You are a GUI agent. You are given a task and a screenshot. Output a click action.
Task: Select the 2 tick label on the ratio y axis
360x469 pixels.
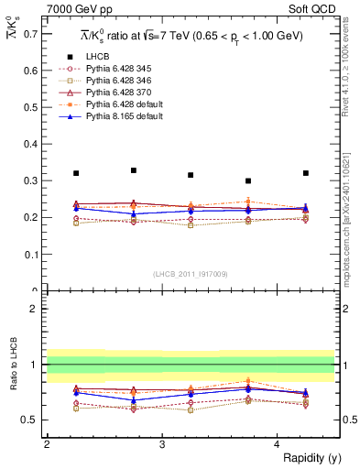click(34, 310)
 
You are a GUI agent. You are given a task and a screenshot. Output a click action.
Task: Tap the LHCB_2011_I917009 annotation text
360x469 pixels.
click(190, 274)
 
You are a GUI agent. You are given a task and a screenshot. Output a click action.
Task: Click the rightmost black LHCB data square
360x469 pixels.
click(306, 173)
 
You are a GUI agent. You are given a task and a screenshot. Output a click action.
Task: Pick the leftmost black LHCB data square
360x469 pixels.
click(76, 173)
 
